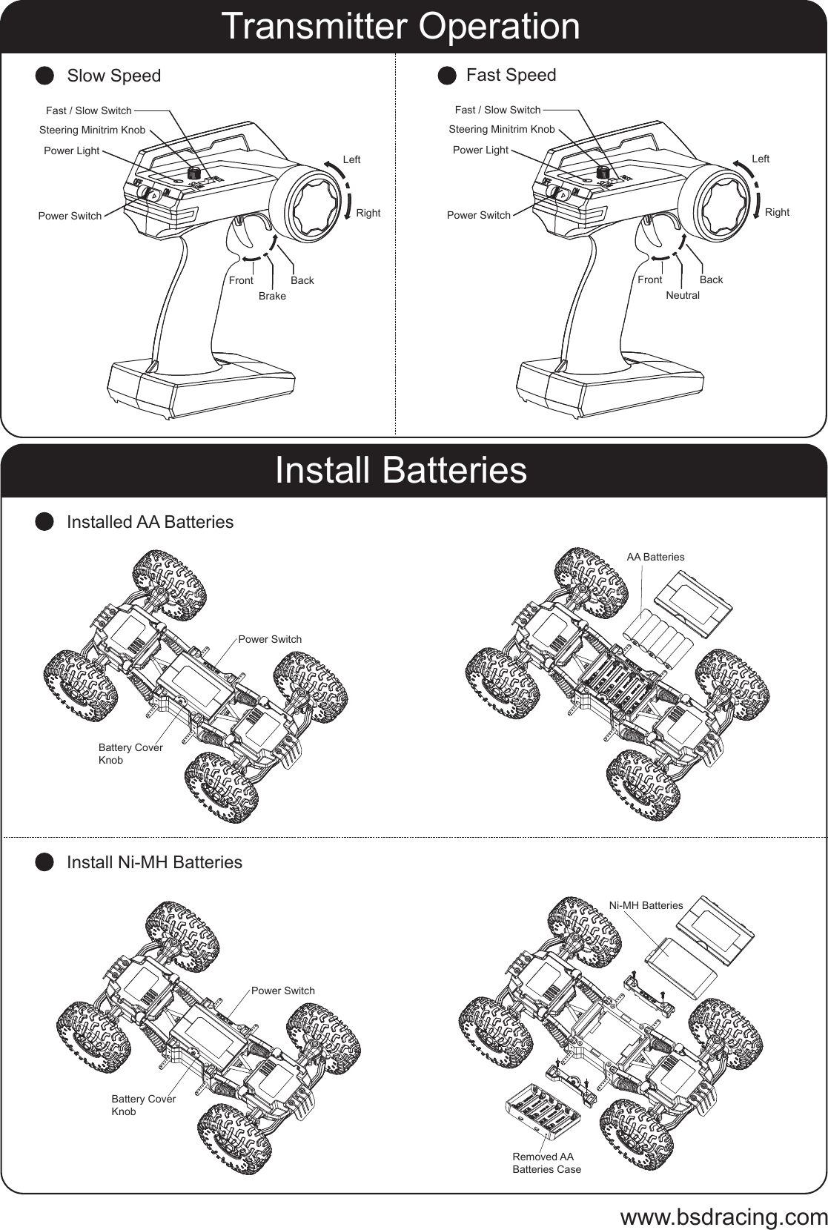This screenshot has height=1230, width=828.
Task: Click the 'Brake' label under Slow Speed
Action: click(272, 296)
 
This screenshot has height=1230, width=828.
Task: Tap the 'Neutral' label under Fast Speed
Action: click(682, 295)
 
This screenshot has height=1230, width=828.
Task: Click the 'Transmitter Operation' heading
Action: click(400, 27)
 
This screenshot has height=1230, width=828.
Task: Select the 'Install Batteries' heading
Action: click(400, 470)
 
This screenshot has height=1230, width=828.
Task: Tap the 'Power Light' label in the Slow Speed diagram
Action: click(71, 151)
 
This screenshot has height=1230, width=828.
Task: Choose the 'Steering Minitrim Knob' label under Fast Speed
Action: click(501, 129)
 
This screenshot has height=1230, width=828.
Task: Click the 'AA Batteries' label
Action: click(655, 557)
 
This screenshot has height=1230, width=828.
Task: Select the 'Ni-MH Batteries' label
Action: click(646, 905)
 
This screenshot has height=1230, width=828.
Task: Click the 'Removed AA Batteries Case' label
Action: click(546, 1163)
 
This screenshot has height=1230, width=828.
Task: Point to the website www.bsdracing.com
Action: click(723, 1217)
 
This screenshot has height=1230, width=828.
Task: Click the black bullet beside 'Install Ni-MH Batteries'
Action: click(45, 862)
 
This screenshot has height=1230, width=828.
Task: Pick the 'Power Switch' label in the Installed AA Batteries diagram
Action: click(270, 639)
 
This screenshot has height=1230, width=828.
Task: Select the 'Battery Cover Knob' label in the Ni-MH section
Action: click(143, 1105)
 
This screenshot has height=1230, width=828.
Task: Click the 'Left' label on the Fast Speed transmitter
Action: click(760, 159)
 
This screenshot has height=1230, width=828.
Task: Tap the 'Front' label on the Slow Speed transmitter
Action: click(240, 280)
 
